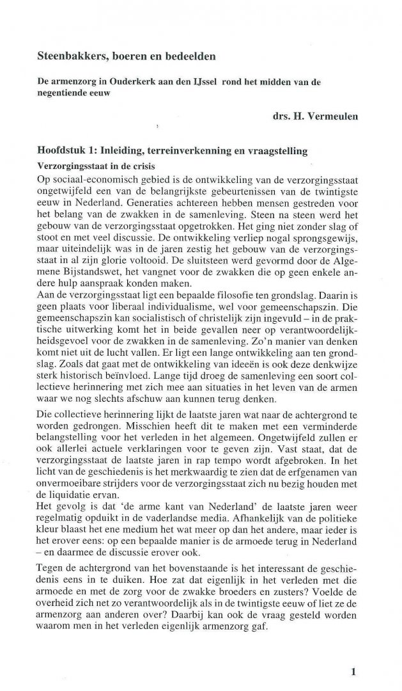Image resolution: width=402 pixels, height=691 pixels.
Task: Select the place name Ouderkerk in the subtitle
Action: pos(143,84)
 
